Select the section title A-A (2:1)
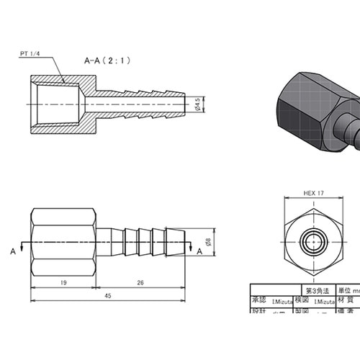point(107,61)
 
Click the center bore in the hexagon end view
point(311,243)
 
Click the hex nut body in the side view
point(63,242)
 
